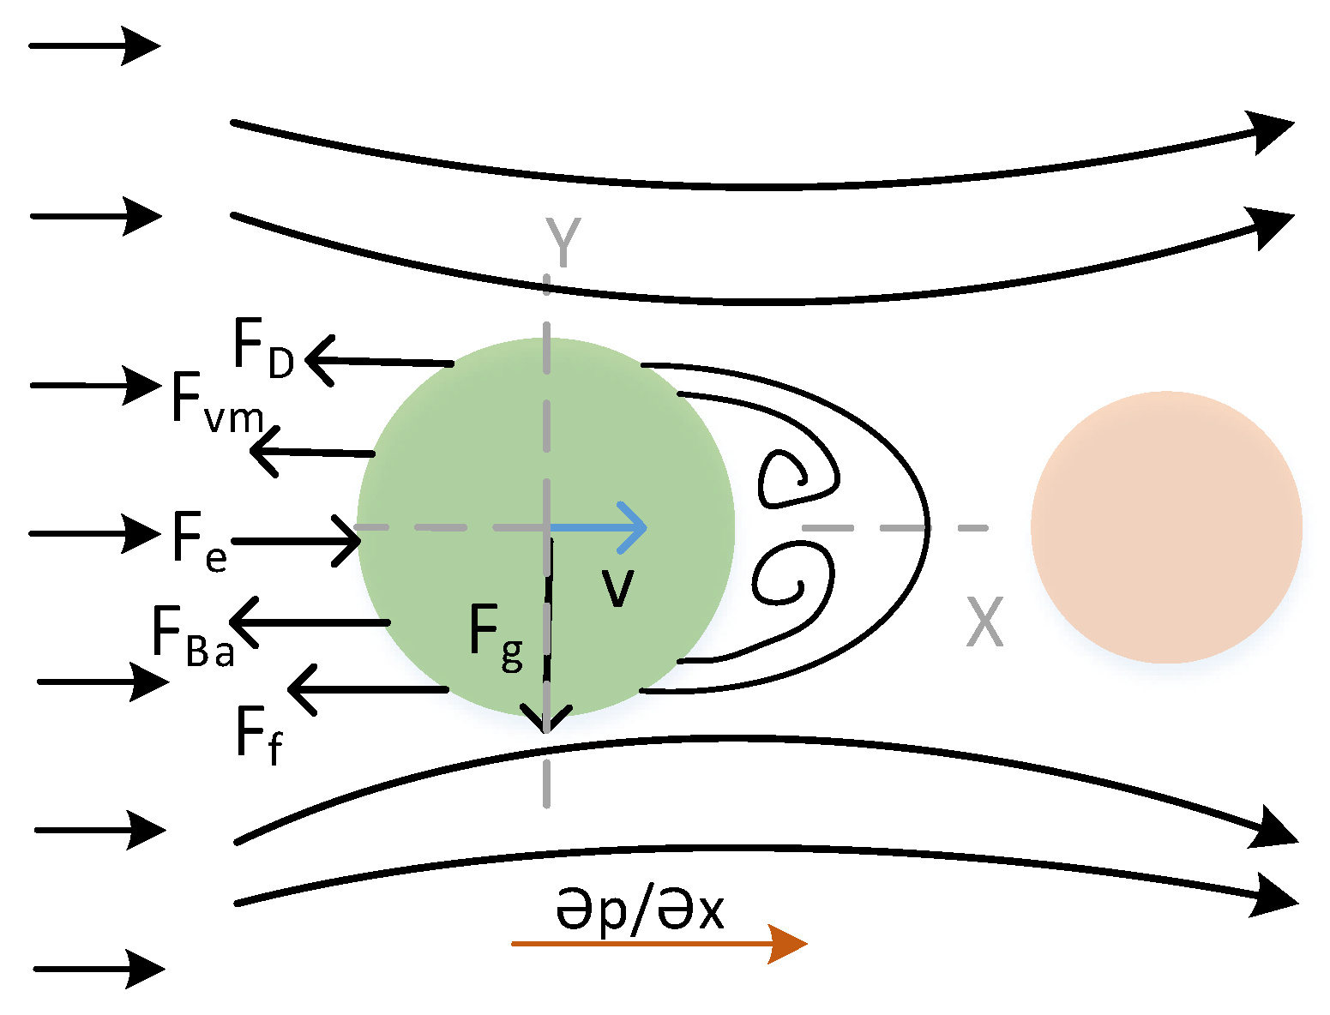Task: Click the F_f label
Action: [258, 736]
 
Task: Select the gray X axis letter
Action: [984, 622]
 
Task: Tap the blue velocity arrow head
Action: [635, 527]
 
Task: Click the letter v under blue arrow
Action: [617, 587]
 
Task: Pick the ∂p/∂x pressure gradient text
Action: [640, 910]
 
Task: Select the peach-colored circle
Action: [1166, 527]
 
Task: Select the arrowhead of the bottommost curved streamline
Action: [1278, 896]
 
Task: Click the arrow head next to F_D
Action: [318, 359]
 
